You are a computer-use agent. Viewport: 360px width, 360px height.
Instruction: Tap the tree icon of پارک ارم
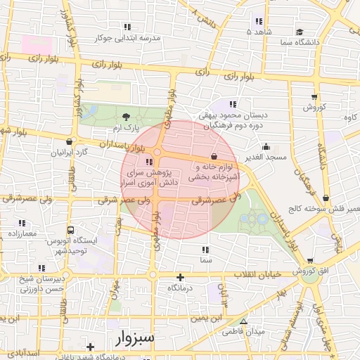126,117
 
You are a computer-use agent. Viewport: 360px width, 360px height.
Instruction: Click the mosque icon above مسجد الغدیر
266,147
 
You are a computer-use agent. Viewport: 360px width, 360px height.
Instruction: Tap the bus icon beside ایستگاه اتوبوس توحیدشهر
70,230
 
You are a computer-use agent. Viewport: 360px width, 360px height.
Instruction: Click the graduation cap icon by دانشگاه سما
300,32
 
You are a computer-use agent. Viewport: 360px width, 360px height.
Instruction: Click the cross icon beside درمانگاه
180,277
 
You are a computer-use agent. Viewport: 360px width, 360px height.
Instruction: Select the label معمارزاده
25,232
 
